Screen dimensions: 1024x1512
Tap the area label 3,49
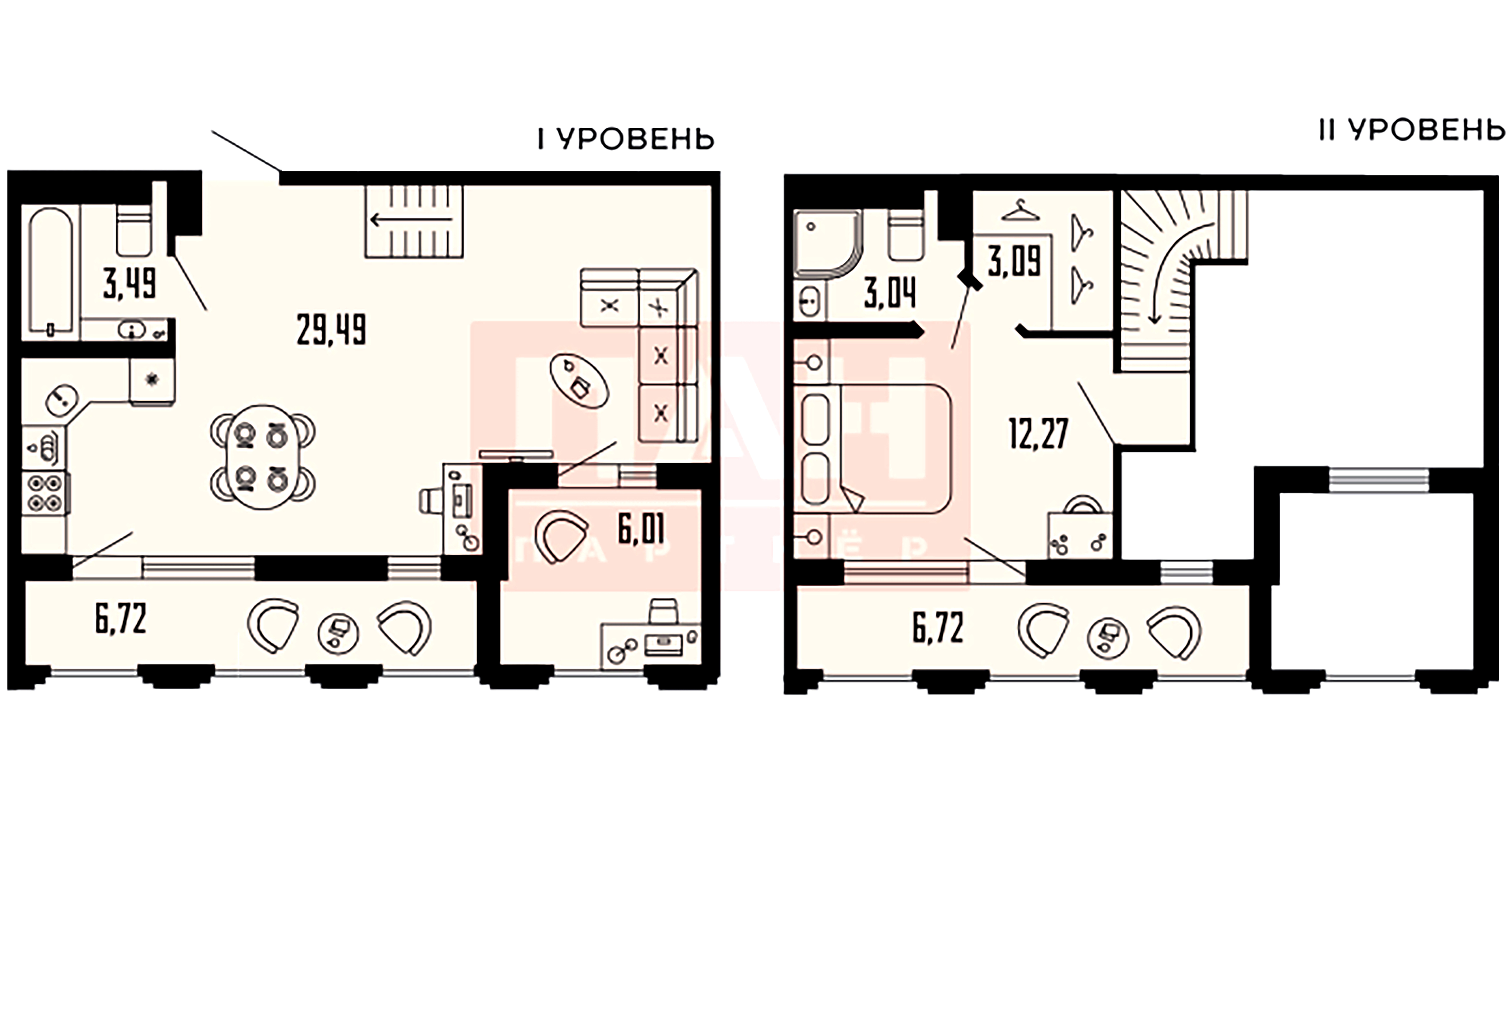coord(130,284)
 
